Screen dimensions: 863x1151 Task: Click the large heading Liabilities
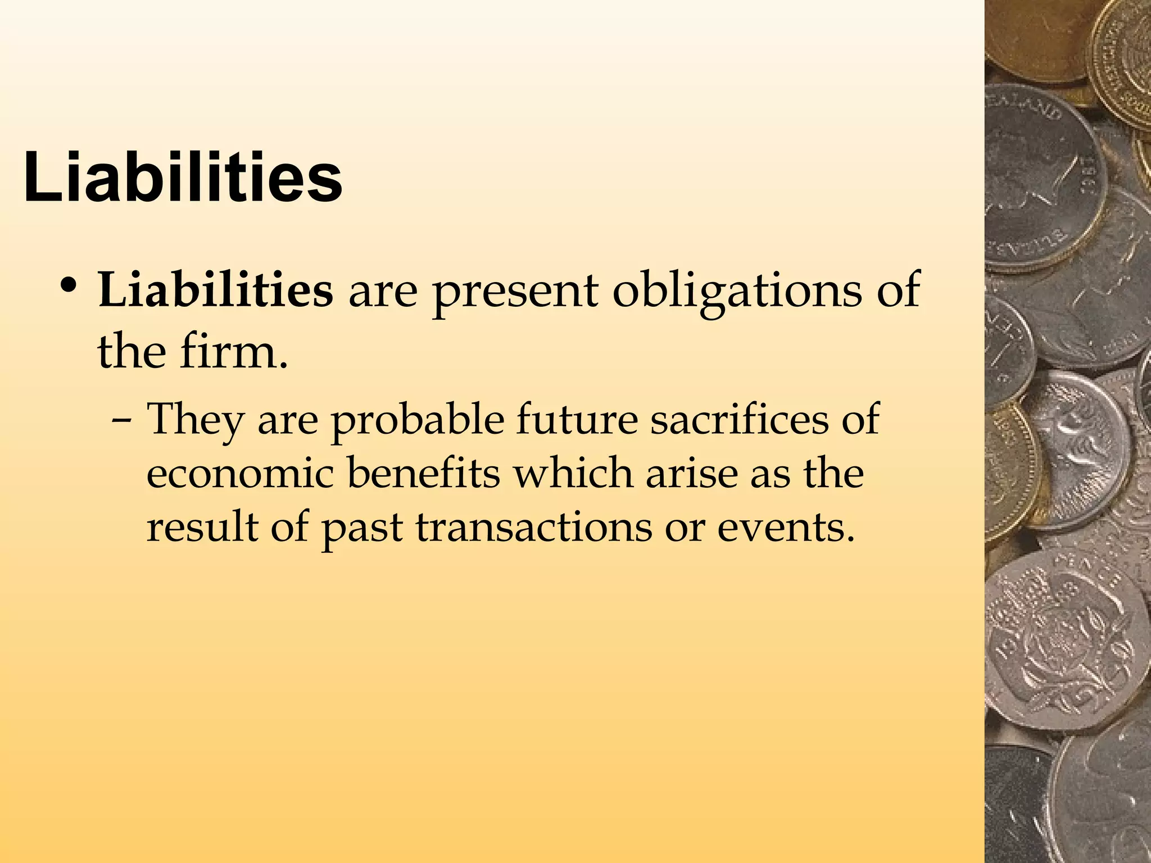click(183, 178)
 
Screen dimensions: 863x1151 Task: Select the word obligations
click(736, 293)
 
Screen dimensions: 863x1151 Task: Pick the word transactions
click(533, 528)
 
